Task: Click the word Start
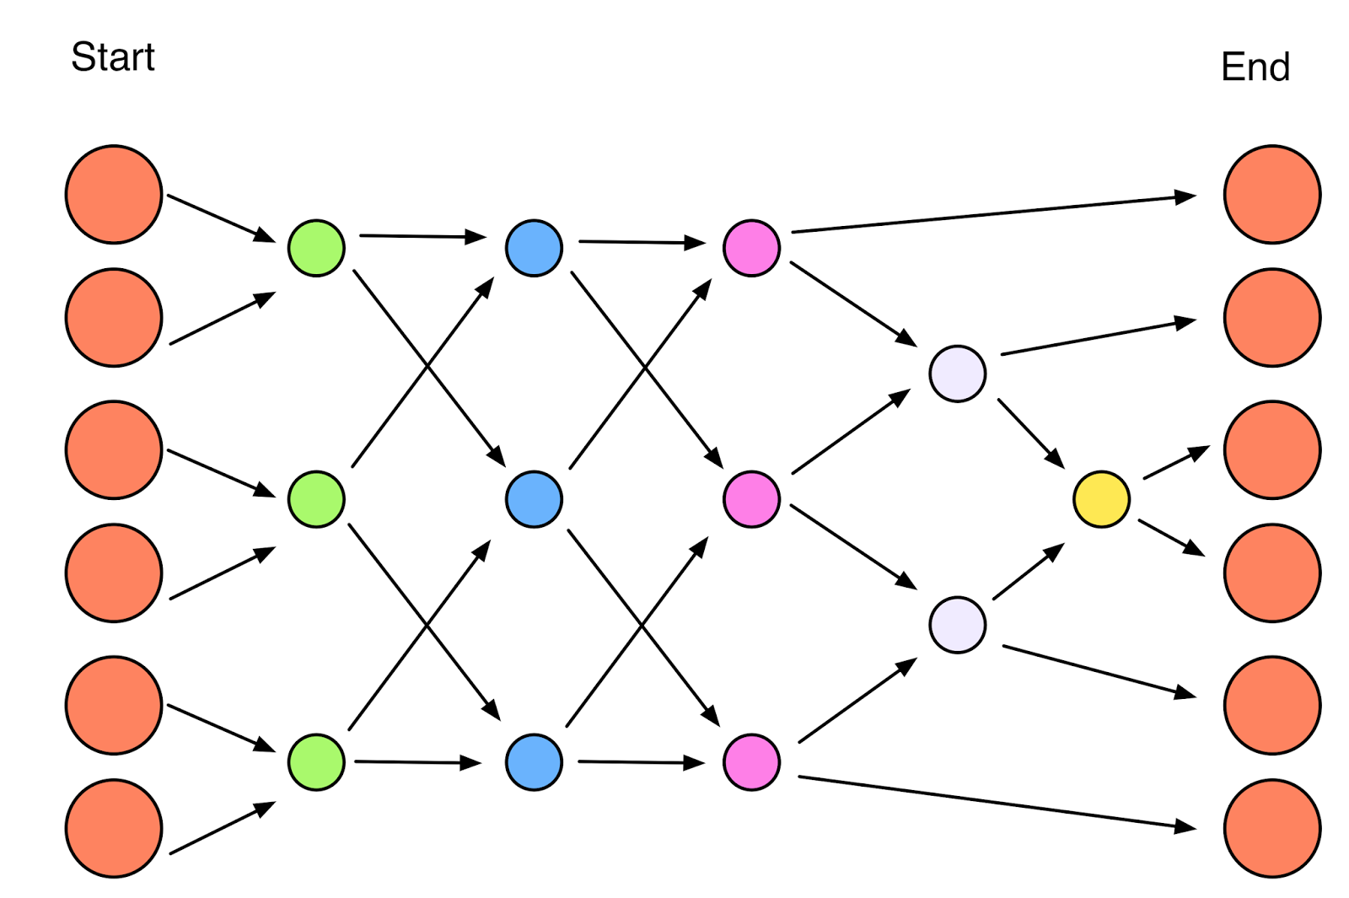[x=113, y=57]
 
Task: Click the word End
[x=1255, y=67]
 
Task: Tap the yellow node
[x=1101, y=499]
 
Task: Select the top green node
[x=316, y=248]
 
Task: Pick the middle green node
[x=316, y=499]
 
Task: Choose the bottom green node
[x=316, y=762]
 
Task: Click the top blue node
[x=534, y=248]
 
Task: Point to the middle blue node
[x=534, y=499]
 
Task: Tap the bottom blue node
[x=534, y=762]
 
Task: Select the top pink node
[x=751, y=248]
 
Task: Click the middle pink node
[x=751, y=499]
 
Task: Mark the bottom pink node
[x=751, y=762]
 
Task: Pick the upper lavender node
[x=958, y=373]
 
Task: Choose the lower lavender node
[x=958, y=625]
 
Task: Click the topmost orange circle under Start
[x=114, y=195]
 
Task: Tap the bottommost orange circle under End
[x=1272, y=828]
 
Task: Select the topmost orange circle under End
[x=1272, y=195]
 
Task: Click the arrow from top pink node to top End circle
[x=993, y=213]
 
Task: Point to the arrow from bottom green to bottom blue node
[x=417, y=762]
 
